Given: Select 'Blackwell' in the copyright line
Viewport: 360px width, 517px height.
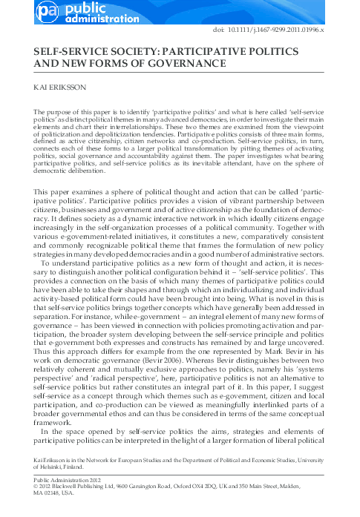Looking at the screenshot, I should pyautogui.click(x=62, y=487).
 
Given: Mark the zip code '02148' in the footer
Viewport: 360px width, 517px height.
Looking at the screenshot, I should pyautogui.click(x=53, y=495).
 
